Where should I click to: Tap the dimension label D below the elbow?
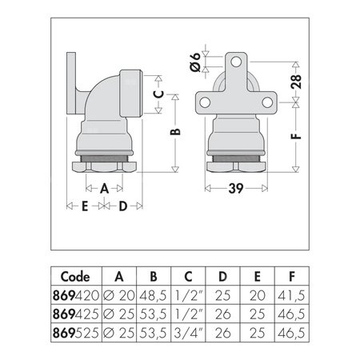click(x=123, y=207)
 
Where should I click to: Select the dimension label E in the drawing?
click(x=83, y=207)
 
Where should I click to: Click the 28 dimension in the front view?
click(x=295, y=82)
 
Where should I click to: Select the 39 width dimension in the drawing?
click(x=237, y=189)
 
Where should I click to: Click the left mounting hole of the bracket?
click(x=206, y=102)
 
